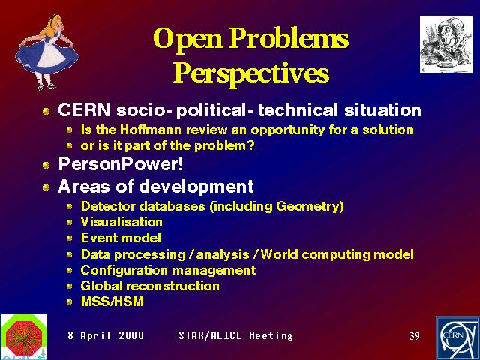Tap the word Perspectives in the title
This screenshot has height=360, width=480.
(x=251, y=73)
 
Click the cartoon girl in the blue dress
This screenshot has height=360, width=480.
(x=47, y=52)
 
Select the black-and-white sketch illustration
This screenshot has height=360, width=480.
(x=446, y=44)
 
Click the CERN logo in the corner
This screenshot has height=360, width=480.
(x=457, y=338)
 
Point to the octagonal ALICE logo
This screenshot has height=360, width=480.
(x=24, y=335)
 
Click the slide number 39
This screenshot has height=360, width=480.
(x=414, y=336)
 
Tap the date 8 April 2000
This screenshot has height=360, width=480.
(x=106, y=335)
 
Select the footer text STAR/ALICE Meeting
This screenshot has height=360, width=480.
(x=235, y=335)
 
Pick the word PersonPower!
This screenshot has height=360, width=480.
(x=121, y=163)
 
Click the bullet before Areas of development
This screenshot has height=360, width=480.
(x=46, y=187)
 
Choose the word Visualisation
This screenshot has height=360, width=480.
(x=121, y=222)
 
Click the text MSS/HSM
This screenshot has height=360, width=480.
(x=112, y=301)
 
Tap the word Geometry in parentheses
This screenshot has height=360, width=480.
(x=308, y=206)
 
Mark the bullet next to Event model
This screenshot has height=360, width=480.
(x=70, y=238)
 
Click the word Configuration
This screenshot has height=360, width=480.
(x=124, y=270)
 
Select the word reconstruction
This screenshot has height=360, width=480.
(x=173, y=286)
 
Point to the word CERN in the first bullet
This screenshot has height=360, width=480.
(x=84, y=110)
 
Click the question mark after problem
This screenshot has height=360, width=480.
(x=251, y=145)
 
